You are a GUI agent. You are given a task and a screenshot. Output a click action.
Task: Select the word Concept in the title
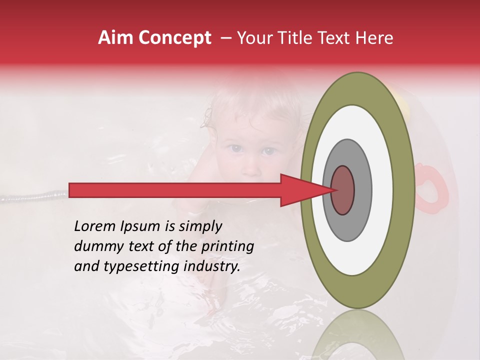pyautogui.click(x=174, y=38)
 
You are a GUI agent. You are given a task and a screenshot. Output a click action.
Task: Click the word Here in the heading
pyautogui.click(x=374, y=38)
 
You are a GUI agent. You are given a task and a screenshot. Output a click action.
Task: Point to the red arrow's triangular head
pyautogui.click(x=300, y=190)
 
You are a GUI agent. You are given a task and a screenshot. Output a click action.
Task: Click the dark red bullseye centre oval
pyautogui.click(x=343, y=190)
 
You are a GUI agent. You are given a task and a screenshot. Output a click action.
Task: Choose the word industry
pyautogui.click(x=212, y=266)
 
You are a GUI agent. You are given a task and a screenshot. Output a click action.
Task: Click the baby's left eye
pyautogui.click(x=269, y=150)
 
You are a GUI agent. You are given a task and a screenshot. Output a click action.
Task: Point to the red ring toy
pyautogui.click(x=431, y=186)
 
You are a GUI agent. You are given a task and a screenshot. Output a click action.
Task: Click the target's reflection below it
pyautogui.click(x=357, y=335)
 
